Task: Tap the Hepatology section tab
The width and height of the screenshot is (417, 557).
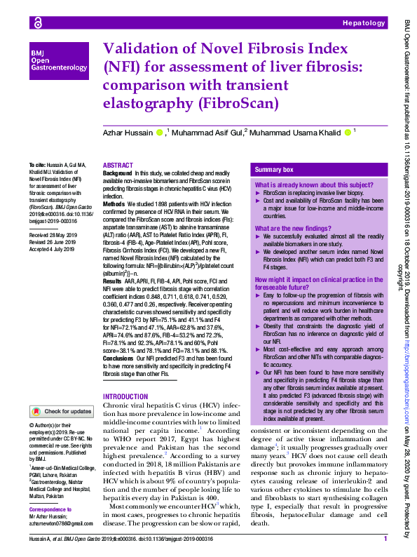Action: (x=363, y=24)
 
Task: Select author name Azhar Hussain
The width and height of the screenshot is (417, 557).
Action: (x=128, y=132)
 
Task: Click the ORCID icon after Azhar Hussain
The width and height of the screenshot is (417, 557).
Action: (x=159, y=132)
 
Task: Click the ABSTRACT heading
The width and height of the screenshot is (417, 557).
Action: (x=118, y=166)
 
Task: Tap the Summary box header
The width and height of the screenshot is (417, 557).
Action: (x=274, y=170)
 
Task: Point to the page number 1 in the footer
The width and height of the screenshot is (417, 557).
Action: (x=385, y=539)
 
